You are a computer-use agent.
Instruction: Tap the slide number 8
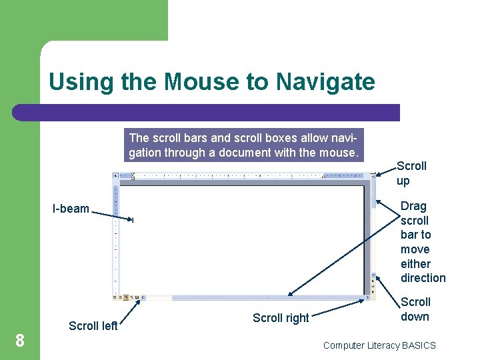tap(20, 341)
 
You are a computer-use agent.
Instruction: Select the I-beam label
tap(71, 209)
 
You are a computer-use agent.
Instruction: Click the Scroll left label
tap(93, 326)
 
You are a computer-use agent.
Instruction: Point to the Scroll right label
tap(281, 318)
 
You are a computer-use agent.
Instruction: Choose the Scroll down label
tap(415, 309)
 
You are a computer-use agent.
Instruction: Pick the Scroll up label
tap(411, 173)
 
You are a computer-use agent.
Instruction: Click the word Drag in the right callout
tap(413, 206)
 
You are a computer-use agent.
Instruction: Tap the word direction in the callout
tap(423, 278)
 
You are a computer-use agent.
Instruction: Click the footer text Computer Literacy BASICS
tap(379, 345)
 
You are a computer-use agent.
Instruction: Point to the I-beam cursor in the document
tap(133, 221)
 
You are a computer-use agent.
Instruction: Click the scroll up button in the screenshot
tap(373, 177)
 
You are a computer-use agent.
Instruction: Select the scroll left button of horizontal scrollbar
tap(143, 297)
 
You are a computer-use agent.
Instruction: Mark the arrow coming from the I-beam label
tap(110, 215)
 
